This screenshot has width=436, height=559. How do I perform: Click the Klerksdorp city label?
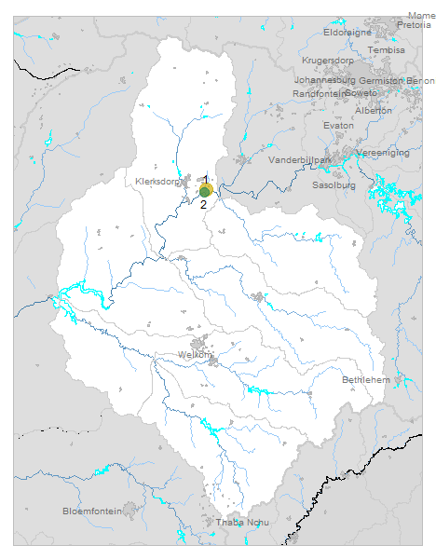pos(156,181)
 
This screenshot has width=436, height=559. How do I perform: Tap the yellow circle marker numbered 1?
pos(207,187)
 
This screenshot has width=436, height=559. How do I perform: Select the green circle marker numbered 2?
pos(204,192)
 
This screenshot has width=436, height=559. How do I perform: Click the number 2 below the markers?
pos(204,204)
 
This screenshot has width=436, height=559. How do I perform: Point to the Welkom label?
pos(195,355)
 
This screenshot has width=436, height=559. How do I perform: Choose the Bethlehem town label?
pos(364,380)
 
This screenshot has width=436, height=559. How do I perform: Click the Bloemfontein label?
pos(92,511)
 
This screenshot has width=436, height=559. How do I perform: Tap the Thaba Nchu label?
pos(242,522)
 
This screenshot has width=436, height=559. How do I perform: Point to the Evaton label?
pos(338,125)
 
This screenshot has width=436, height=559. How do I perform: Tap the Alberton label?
pos(374,110)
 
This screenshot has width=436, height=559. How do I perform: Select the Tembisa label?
pos(387,49)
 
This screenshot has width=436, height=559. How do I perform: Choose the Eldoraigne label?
pos(347,32)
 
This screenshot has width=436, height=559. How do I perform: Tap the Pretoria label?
pos(414,25)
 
